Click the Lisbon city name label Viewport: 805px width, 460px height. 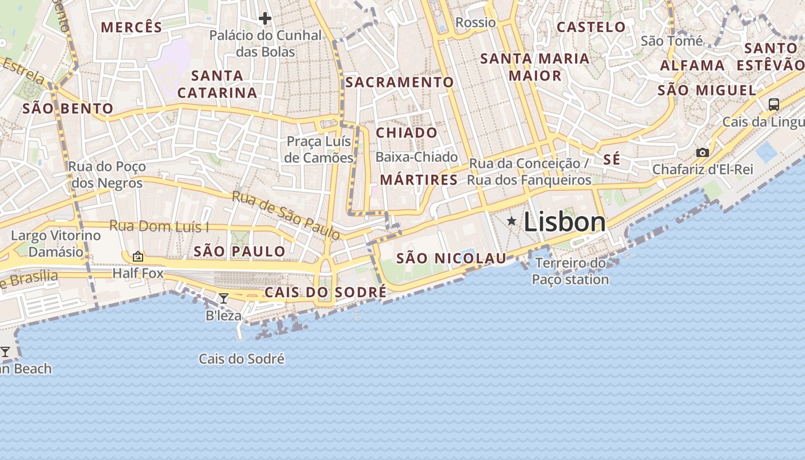tap(564, 222)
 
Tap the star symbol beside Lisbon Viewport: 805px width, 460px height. tap(511, 221)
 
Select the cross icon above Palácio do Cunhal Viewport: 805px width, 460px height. tap(264, 18)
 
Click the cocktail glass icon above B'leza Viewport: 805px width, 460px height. tap(224, 298)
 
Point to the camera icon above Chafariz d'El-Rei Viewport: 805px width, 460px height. tap(702, 152)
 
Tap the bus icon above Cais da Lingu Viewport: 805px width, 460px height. tap(773, 105)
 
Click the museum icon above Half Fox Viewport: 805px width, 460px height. tap(138, 256)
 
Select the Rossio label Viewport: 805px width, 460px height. tap(475, 22)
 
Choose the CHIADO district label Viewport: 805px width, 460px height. tap(407, 133)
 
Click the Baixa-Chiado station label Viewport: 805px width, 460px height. tap(416, 157)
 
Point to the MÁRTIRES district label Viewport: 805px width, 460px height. tap(419, 180)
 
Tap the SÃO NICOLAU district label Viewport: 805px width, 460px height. tap(451, 259)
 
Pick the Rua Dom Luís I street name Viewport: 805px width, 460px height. tap(159, 226)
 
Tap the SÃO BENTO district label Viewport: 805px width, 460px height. tap(68, 109)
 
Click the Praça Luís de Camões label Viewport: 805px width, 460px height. tap(319, 149)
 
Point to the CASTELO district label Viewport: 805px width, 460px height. tap(591, 27)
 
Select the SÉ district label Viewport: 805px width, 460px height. tap(612, 160)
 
